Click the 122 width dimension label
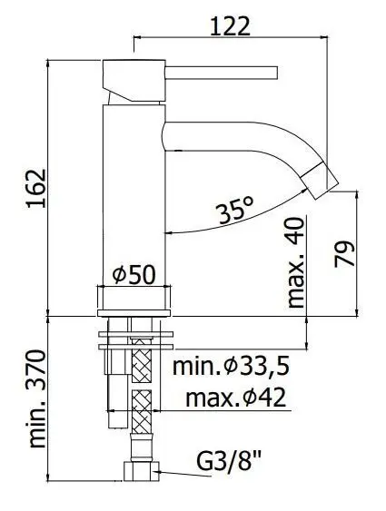tap(230, 26)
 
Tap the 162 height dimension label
tap(36, 189)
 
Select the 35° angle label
tap(236, 211)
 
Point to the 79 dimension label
tap(344, 253)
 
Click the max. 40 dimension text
tap(296, 263)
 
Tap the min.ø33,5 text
tap(231, 367)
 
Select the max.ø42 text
tap(236, 398)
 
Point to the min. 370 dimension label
tap(36, 398)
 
